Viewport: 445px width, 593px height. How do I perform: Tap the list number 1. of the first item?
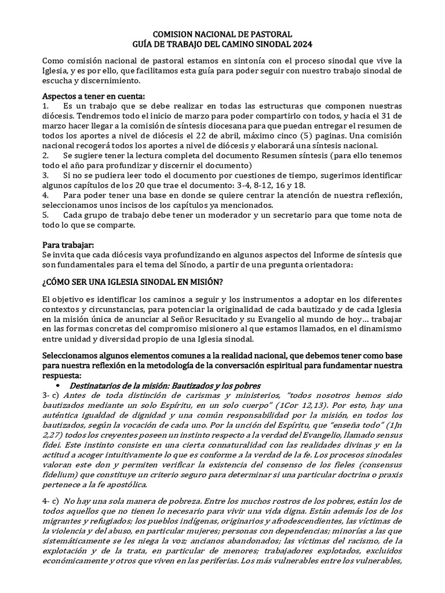click(46, 107)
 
